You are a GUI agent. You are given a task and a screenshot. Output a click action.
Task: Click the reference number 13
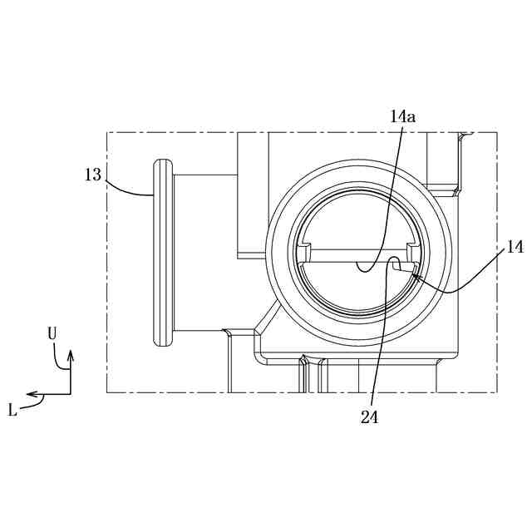pos(93,175)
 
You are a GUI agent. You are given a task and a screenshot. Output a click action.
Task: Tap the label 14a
pos(402,117)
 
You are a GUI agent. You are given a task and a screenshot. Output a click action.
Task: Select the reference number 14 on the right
pos(515,248)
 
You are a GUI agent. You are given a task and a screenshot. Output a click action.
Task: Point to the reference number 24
pos(369,417)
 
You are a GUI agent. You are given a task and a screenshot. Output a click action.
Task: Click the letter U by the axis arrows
pos(52,334)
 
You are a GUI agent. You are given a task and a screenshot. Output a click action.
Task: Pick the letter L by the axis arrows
pos(12,411)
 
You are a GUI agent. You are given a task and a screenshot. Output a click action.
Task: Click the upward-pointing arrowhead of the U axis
pos(71,355)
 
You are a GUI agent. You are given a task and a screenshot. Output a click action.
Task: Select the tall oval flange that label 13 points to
pos(163,253)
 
